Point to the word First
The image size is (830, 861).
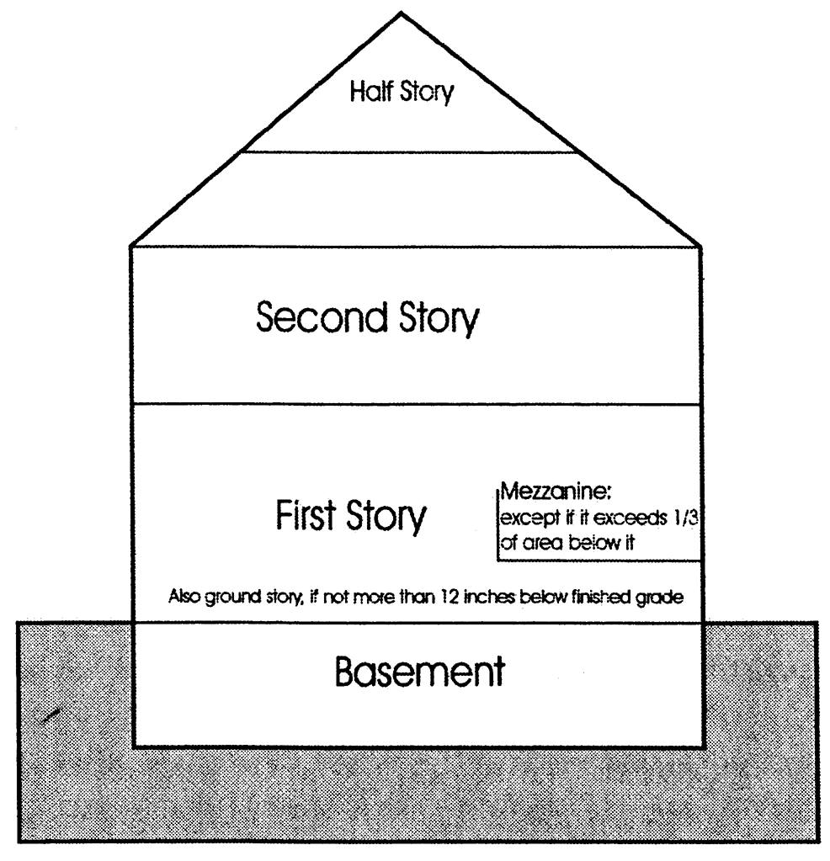pyautogui.click(x=306, y=516)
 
